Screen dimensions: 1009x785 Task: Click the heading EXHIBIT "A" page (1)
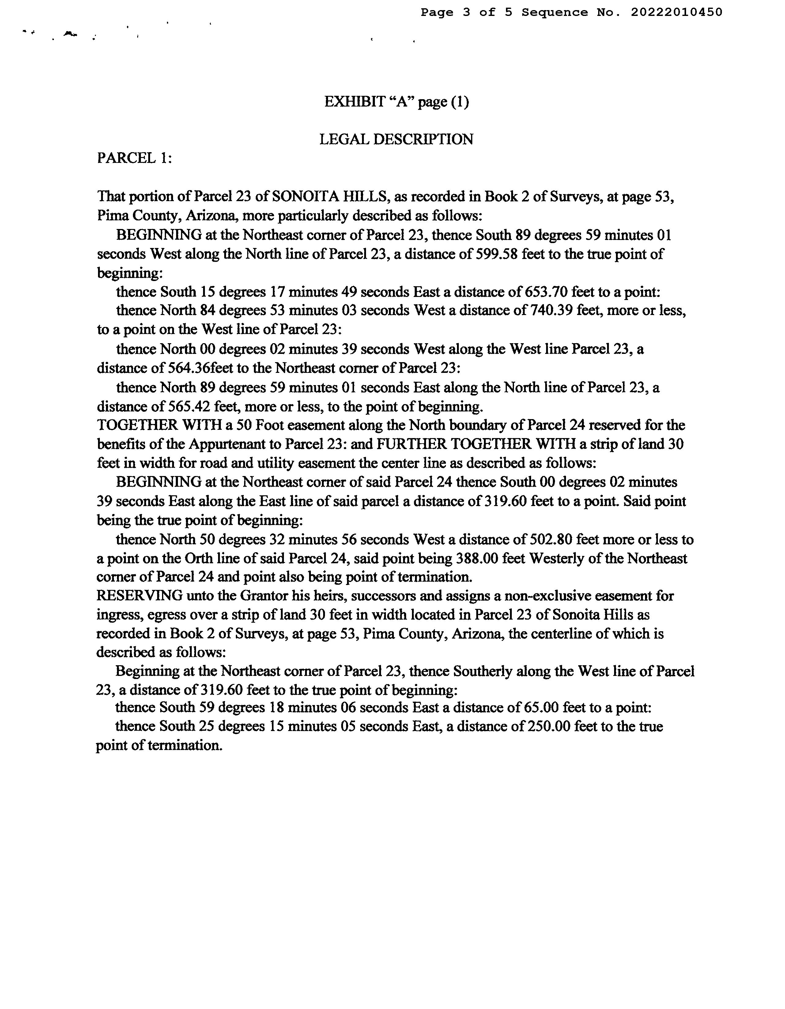point(396,102)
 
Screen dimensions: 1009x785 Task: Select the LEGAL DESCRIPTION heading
point(396,140)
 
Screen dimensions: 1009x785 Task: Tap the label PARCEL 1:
point(134,159)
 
